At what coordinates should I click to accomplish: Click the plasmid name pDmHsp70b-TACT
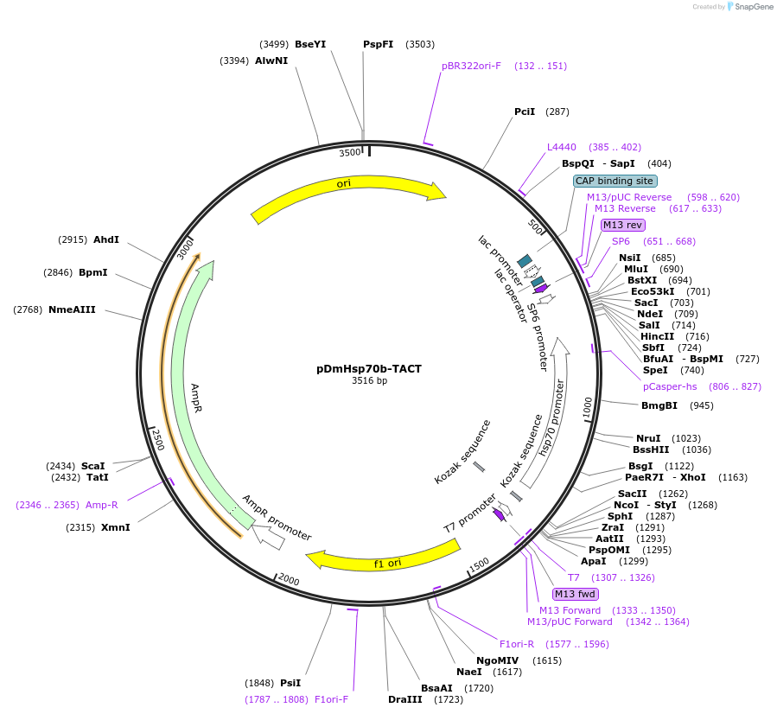click(x=369, y=368)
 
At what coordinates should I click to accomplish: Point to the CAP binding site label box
click(x=615, y=181)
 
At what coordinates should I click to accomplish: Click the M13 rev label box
click(x=622, y=225)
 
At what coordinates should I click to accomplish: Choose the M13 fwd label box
click(x=575, y=593)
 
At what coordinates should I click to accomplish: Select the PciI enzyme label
click(x=525, y=112)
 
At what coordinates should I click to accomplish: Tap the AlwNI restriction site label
click(x=271, y=61)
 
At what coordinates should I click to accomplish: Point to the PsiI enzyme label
click(x=290, y=682)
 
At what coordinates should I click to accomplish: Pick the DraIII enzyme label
click(x=404, y=699)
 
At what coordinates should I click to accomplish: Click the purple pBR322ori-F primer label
click(x=471, y=66)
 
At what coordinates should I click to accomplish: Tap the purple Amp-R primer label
click(x=101, y=504)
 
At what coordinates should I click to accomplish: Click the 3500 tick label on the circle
click(x=350, y=153)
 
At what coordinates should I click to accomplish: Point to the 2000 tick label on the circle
click(x=289, y=579)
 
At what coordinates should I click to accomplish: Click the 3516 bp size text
click(x=369, y=380)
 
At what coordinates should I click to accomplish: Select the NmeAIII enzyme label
click(x=72, y=309)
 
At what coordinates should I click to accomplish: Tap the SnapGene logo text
click(x=754, y=7)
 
